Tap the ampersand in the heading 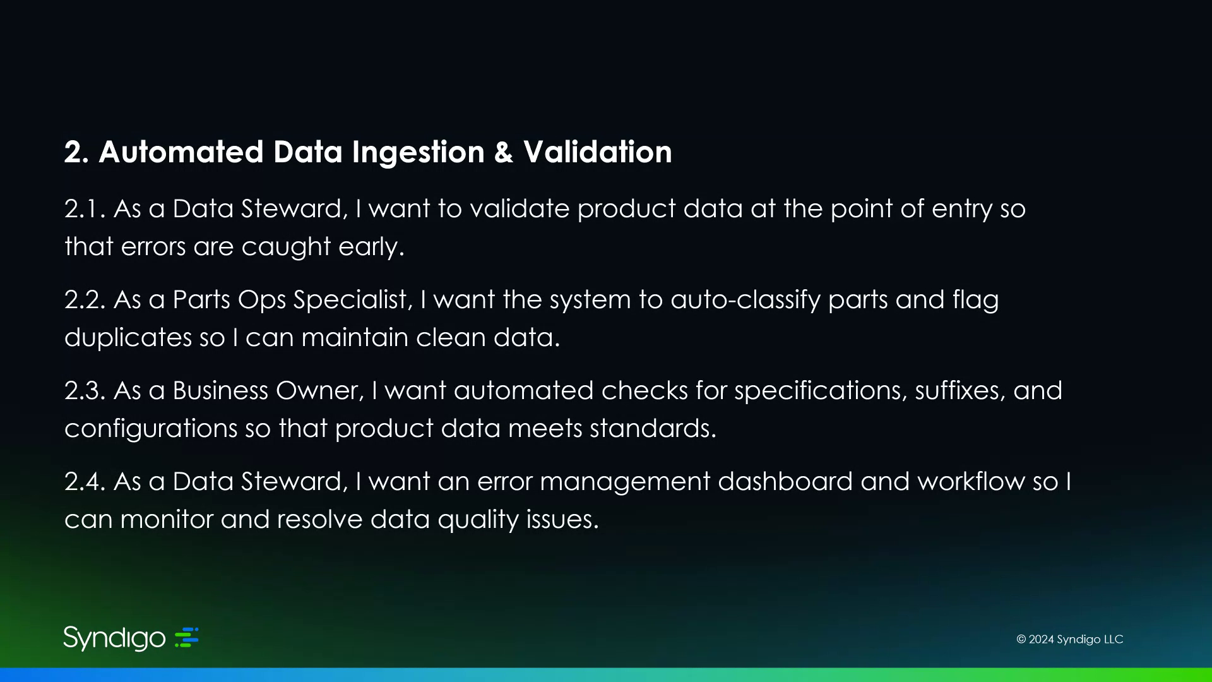point(504,152)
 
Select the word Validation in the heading point(597,152)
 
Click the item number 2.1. point(85,209)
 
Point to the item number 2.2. point(85,300)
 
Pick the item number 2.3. point(85,391)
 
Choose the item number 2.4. point(85,482)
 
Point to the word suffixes point(960,391)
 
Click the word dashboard point(785,482)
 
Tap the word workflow point(971,482)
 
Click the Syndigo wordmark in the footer point(114,638)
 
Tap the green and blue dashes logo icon point(187,637)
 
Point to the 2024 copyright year point(1042,639)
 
